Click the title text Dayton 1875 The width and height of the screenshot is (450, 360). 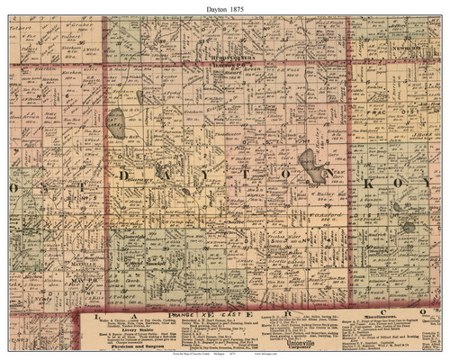point(225,7)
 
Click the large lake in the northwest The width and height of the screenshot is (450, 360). point(116,120)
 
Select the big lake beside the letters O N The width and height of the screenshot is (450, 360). point(310,164)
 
